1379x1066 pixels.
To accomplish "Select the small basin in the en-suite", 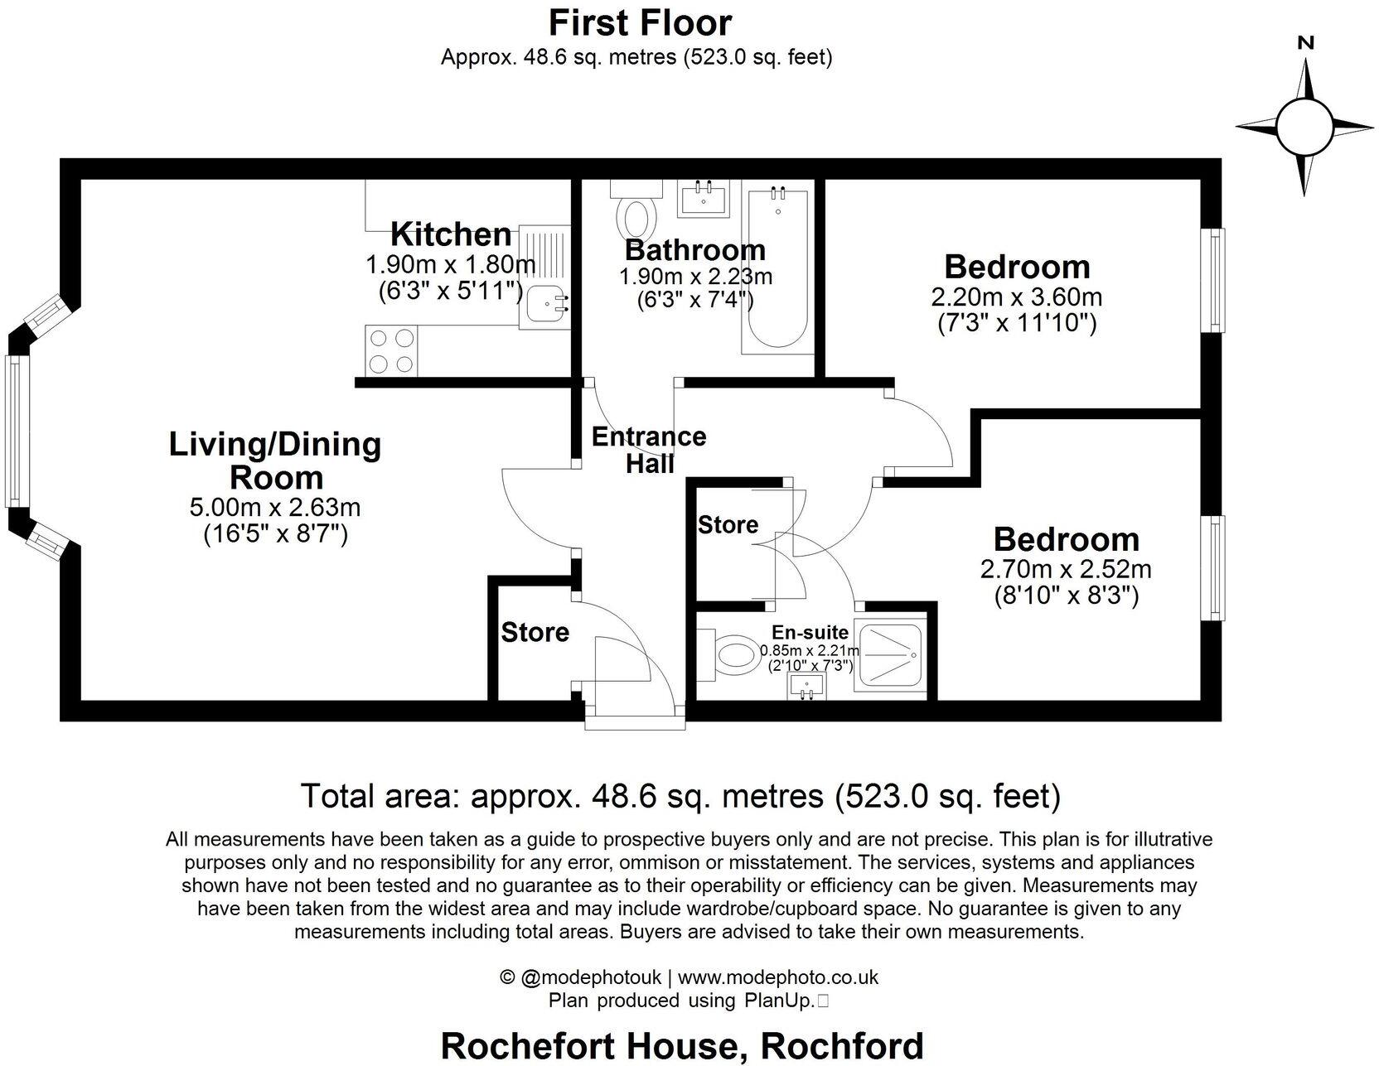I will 806,687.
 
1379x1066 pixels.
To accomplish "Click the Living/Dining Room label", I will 275,461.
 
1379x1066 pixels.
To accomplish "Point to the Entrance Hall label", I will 649,450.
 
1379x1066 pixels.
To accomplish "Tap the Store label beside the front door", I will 535,633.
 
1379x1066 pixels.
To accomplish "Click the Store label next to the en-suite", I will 728,525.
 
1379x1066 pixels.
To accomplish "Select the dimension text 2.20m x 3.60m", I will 1017,297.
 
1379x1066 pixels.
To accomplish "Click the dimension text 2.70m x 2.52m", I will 1066,569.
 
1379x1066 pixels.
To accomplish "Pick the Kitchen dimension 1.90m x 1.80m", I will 450,265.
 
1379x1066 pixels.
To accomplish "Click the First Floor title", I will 640,22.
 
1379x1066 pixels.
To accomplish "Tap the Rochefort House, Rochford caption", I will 681,1045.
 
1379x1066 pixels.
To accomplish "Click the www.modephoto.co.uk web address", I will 779,977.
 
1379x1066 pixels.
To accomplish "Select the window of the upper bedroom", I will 1215,280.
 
